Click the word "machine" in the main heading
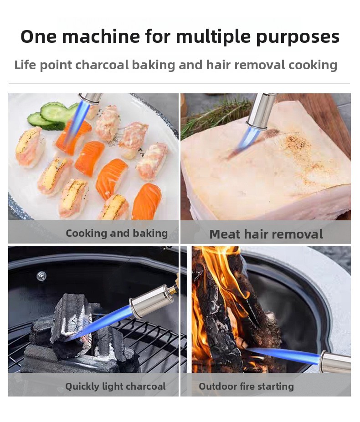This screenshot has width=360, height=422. pyautogui.click(x=101, y=36)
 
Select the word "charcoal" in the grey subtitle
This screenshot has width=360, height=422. pyautogui.click(x=102, y=65)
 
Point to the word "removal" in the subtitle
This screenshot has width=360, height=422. pyautogui.click(x=259, y=65)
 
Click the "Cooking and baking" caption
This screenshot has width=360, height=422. pyautogui.click(x=117, y=234)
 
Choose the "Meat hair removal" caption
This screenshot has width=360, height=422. pyautogui.click(x=266, y=234)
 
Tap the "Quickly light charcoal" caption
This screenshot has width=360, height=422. pyautogui.click(x=115, y=386)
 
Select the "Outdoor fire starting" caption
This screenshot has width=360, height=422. pyautogui.click(x=246, y=386)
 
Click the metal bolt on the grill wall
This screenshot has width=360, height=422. pyautogui.click(x=41, y=276)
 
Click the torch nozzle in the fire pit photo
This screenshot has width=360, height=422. pyautogui.click(x=335, y=362)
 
